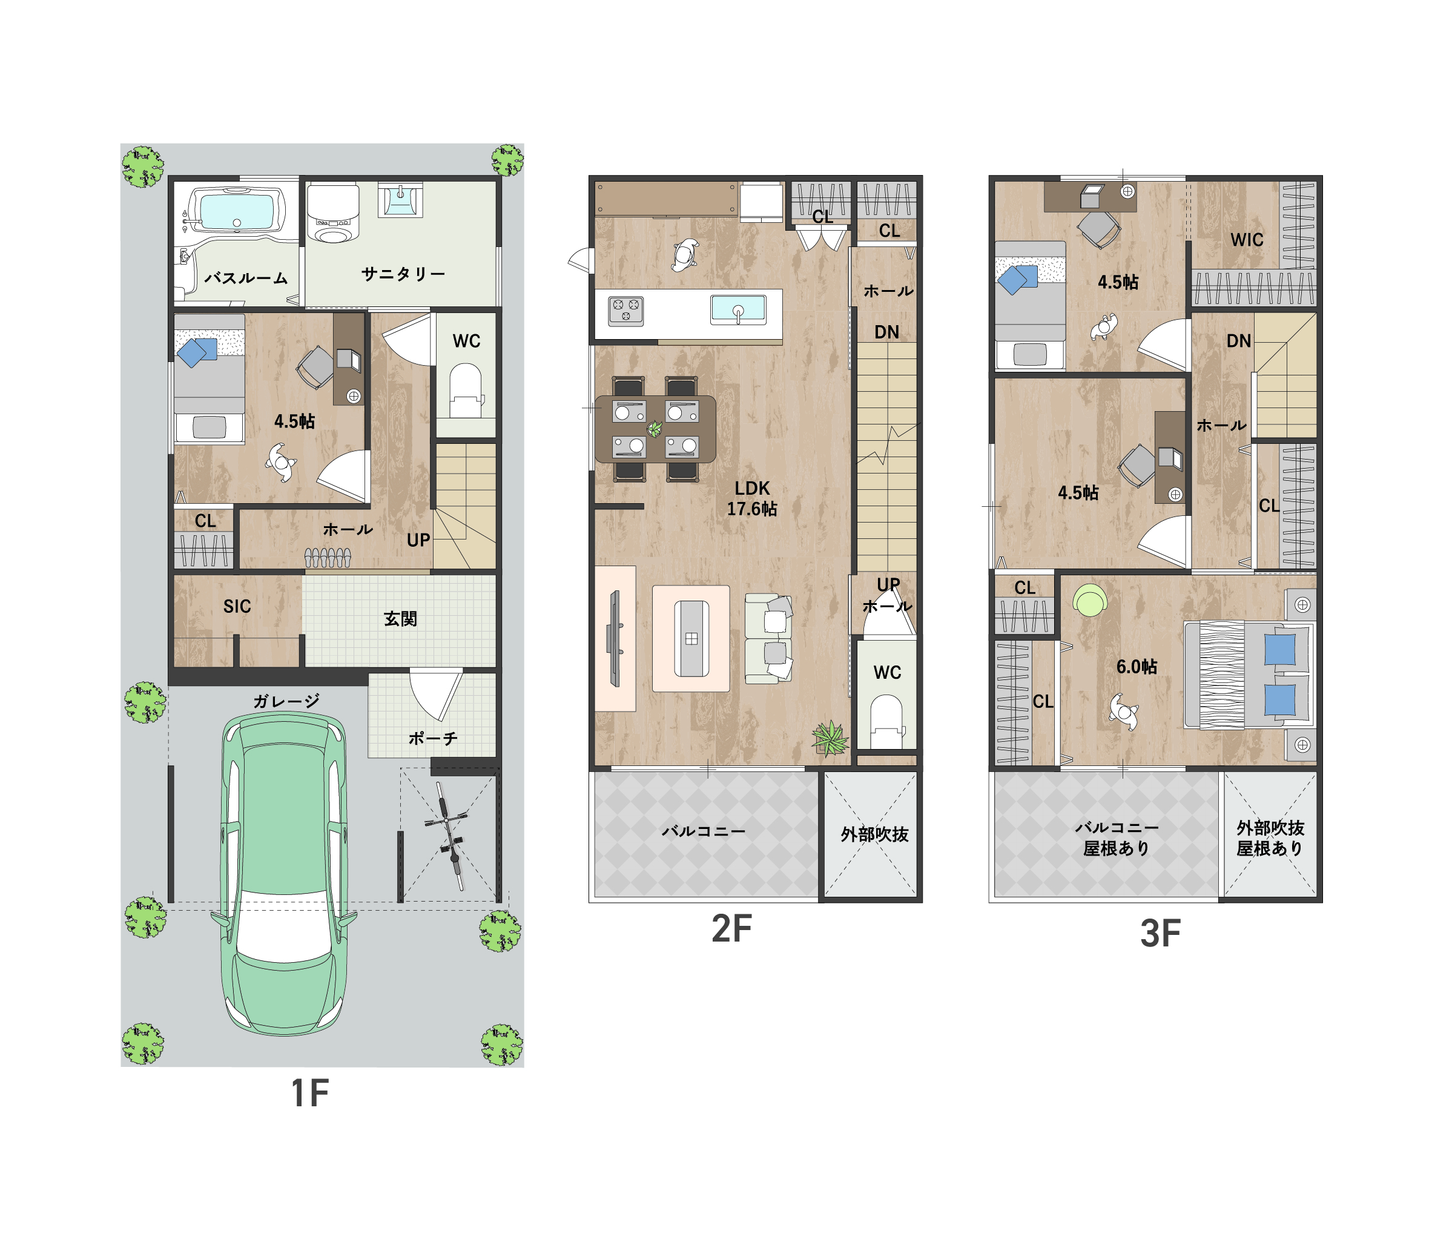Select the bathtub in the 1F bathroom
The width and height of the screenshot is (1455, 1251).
(x=237, y=210)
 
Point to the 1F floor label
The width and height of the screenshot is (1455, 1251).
(x=309, y=1093)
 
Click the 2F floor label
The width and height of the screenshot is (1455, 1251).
(x=731, y=929)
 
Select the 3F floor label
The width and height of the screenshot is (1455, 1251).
(x=1160, y=934)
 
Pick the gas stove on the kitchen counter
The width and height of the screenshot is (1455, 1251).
(x=625, y=311)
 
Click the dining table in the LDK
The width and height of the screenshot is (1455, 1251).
(x=655, y=429)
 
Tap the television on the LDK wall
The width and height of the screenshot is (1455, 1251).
(x=615, y=638)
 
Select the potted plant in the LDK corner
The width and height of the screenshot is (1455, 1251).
(x=830, y=738)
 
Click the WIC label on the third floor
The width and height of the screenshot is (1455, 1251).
(x=1247, y=240)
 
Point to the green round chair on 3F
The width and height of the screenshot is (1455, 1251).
(x=1090, y=601)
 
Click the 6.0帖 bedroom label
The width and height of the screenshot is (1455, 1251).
(x=1137, y=667)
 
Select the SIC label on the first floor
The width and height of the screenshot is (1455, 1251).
(x=237, y=606)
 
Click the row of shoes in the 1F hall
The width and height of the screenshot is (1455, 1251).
(x=327, y=558)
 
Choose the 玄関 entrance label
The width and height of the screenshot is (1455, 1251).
(x=400, y=619)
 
